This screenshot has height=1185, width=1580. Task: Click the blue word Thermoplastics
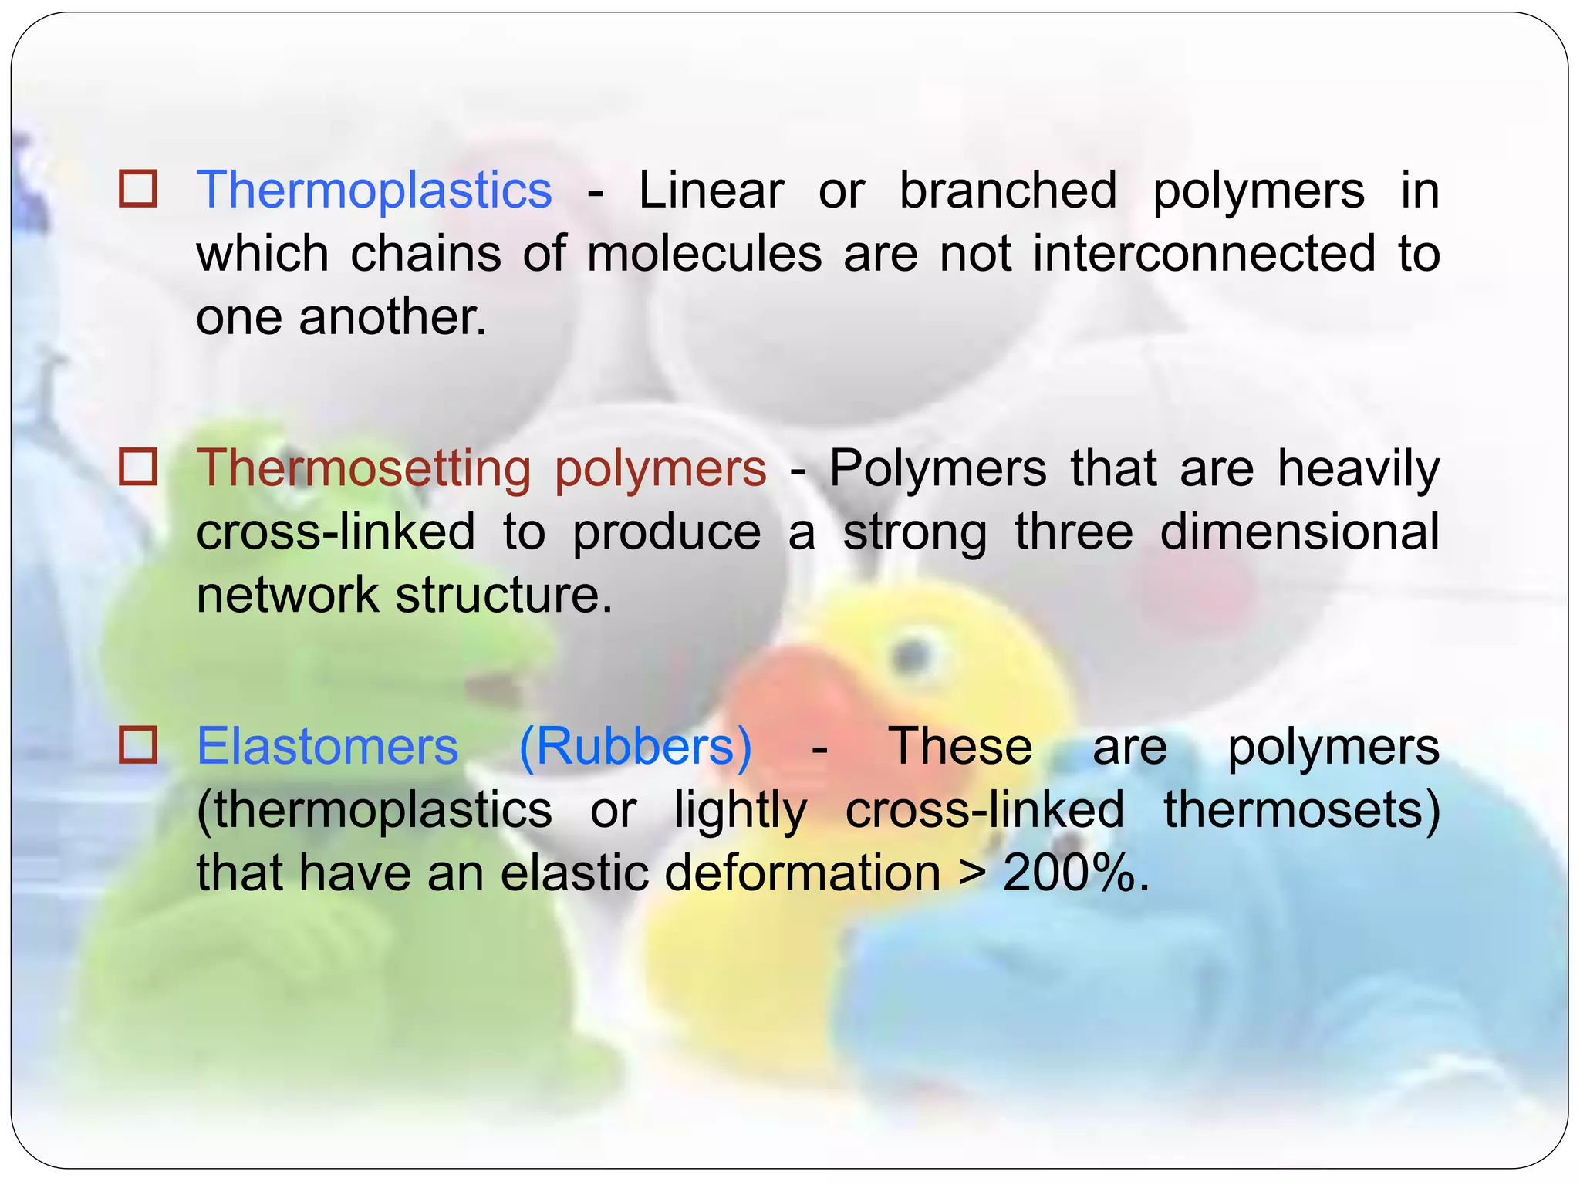coord(374,191)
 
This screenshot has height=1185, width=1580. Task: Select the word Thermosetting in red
coord(364,468)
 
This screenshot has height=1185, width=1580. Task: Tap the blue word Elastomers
coord(328,747)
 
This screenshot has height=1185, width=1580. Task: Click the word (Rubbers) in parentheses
coord(635,747)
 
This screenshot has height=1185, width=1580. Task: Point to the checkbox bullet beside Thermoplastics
coord(138,189)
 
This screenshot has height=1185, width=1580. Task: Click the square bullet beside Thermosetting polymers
coord(138,467)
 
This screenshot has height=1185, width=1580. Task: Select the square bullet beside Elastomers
coord(138,744)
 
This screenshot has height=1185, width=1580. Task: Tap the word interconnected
coord(1204,254)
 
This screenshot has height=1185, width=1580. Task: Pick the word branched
coord(1008,191)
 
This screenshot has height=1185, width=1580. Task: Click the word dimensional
coord(1300,532)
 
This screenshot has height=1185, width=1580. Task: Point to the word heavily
coord(1359,468)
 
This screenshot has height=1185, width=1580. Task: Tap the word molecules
coord(704,254)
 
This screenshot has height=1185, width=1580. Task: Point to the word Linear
coord(711,191)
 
